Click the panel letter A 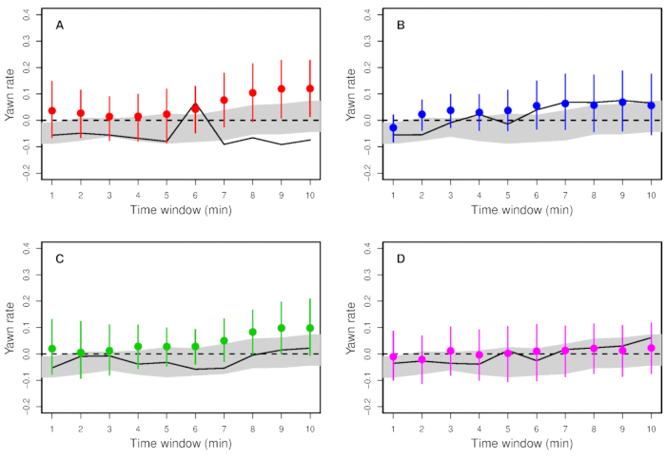(x=60, y=24)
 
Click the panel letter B (x=402, y=24)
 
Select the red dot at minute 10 (x=310, y=88)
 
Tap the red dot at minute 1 (x=52, y=111)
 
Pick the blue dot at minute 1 (x=393, y=127)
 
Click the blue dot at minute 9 (x=623, y=102)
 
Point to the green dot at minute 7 (x=225, y=340)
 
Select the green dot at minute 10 (x=310, y=328)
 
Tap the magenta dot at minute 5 (x=508, y=353)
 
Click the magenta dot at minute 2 (x=421, y=359)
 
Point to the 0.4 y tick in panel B (x=365, y=15)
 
